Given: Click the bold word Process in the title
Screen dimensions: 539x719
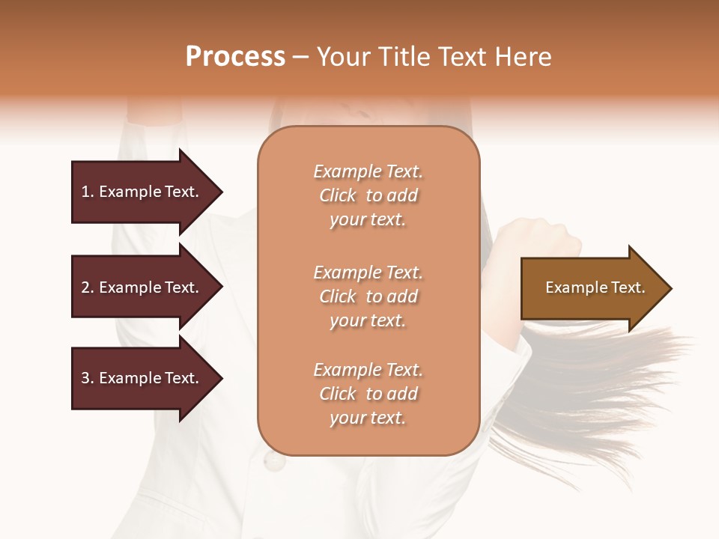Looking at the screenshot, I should pyautogui.click(x=235, y=57).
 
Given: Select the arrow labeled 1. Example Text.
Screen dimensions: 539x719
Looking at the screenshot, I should pyautogui.click(x=142, y=192).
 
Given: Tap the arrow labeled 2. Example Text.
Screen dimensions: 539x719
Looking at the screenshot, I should pyautogui.click(x=142, y=287).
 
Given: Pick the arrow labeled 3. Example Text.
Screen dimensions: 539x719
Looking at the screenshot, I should pyautogui.click(x=142, y=378).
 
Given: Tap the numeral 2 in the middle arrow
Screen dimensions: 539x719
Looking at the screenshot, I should pyautogui.click(x=85, y=287).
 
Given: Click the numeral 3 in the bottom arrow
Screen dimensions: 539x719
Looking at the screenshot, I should pyautogui.click(x=85, y=378).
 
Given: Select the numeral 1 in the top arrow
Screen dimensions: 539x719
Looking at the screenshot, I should pyautogui.click(x=85, y=192).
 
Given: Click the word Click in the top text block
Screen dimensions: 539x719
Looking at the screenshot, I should pyautogui.click(x=338, y=195).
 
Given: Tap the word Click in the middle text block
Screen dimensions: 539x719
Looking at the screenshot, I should pyautogui.click(x=338, y=296).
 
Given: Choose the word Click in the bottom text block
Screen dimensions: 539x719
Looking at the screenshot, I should pyautogui.click(x=338, y=394).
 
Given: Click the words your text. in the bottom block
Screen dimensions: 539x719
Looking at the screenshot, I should pyautogui.click(x=368, y=418).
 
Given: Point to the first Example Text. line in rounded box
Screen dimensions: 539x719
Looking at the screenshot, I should pyautogui.click(x=368, y=171).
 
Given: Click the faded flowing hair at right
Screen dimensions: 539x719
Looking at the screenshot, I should pyautogui.click(x=599, y=389).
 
